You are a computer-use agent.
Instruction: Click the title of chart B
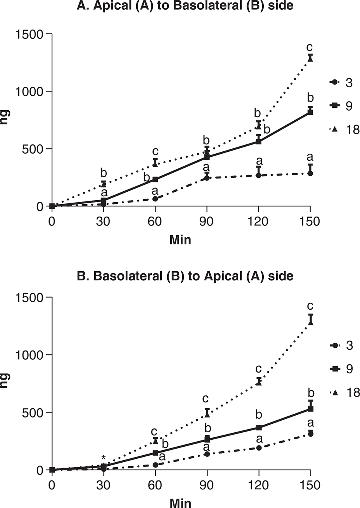click(180, 276)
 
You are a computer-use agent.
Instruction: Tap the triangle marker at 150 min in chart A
click(310, 59)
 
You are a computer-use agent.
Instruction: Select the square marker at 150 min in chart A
click(310, 112)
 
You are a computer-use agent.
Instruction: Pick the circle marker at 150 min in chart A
click(310, 173)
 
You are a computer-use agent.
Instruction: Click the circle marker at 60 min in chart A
click(155, 199)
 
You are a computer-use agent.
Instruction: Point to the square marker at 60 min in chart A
click(155, 179)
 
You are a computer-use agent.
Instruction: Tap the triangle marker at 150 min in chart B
click(310, 322)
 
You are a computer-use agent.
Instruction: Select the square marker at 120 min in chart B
click(259, 427)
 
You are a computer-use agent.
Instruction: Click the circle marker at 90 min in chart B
click(207, 454)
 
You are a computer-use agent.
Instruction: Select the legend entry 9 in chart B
click(343, 369)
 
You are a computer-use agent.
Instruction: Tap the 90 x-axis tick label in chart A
click(207, 222)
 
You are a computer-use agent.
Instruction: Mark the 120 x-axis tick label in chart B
click(259, 485)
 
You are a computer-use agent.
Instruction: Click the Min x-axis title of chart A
click(180, 240)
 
